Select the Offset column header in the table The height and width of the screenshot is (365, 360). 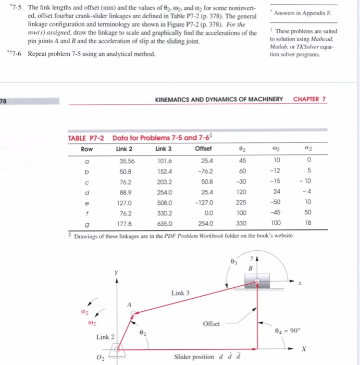(x=203, y=148)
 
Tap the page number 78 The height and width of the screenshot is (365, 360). (x=4, y=100)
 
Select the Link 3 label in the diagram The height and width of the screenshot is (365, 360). (x=180, y=293)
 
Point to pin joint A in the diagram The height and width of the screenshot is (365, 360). (x=134, y=314)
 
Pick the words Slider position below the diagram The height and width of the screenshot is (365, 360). (x=195, y=357)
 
